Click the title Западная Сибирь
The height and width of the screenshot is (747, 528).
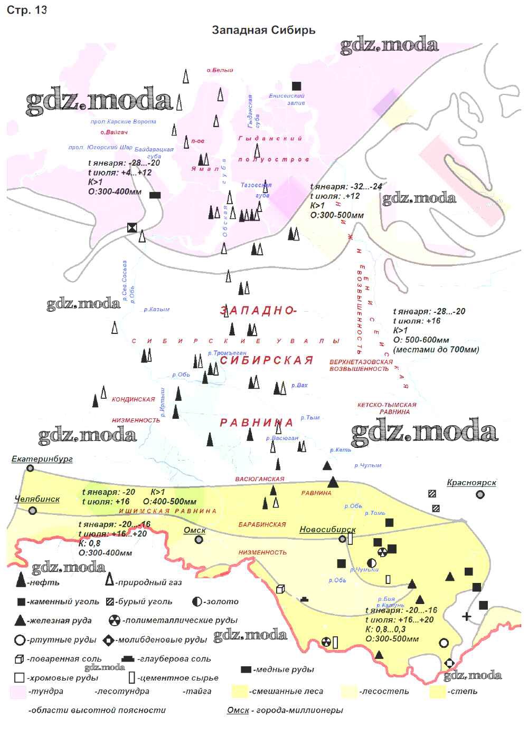click(x=263, y=30)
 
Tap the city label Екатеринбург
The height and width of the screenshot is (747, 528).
click(x=42, y=459)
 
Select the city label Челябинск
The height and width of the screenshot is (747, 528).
click(x=37, y=499)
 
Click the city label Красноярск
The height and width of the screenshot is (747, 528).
click(x=472, y=482)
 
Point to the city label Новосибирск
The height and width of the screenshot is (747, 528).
click(x=327, y=529)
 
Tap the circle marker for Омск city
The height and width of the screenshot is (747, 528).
click(x=199, y=540)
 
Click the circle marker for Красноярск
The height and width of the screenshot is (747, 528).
click(x=480, y=495)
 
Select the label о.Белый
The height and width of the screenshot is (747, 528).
click(x=220, y=70)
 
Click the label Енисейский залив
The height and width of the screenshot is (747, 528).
click(x=287, y=99)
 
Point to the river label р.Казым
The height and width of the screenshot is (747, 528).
click(x=157, y=310)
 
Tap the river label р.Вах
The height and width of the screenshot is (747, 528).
click(x=299, y=386)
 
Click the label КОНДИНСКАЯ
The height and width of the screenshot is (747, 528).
click(x=133, y=400)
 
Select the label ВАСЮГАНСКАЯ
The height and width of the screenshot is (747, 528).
click(x=260, y=479)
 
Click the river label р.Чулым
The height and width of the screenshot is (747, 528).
click(x=367, y=465)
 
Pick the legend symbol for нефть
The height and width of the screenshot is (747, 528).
click(x=21, y=581)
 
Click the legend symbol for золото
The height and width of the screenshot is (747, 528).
click(x=197, y=601)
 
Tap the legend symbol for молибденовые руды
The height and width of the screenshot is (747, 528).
click(x=109, y=640)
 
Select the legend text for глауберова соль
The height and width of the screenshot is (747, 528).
click(x=174, y=659)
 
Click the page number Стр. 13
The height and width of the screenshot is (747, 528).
click(x=26, y=11)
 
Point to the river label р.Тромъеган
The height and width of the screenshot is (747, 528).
click(x=227, y=353)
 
